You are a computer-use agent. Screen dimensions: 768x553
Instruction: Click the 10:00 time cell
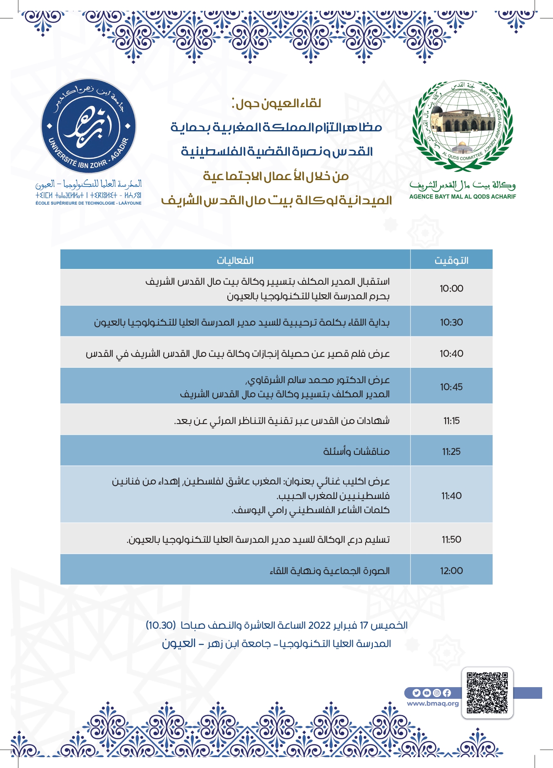pos(451,289)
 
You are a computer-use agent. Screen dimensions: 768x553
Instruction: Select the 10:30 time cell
pos(451,322)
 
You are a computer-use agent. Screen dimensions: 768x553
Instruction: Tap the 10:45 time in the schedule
pos(451,387)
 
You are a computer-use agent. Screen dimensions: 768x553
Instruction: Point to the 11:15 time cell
pos(451,421)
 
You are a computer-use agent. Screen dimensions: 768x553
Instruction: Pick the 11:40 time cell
pos(451,496)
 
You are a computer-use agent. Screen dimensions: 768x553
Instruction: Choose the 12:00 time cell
pos(451,571)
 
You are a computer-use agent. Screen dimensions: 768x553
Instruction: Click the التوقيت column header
pos(451,261)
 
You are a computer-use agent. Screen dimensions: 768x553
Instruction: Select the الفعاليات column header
pos(235,261)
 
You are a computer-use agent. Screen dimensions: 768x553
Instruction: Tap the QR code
pos(487,693)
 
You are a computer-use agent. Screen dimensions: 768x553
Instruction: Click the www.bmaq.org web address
pos(433,703)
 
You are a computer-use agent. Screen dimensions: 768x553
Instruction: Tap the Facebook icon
pos(447,693)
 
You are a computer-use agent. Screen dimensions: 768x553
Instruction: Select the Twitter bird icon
pos(416,693)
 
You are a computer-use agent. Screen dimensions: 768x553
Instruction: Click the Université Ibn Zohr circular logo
pos(88,126)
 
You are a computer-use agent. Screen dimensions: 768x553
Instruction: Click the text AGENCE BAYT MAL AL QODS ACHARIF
pos(462,197)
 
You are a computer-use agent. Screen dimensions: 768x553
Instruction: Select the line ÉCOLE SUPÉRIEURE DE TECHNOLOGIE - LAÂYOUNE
pos(88,203)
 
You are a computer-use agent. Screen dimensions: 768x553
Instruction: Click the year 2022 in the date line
pos(319,625)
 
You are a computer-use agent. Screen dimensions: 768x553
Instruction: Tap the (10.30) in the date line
pos(160,625)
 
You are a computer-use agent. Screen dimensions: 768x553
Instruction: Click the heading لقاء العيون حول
pos(276,103)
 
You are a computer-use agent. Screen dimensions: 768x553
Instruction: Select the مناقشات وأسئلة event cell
pos(356,452)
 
